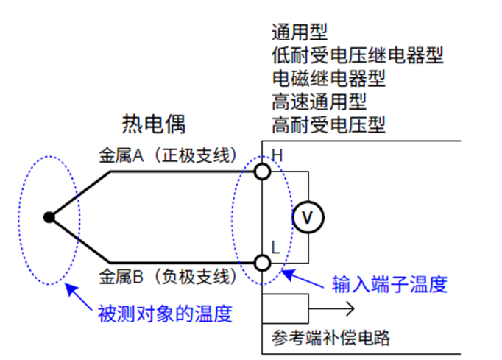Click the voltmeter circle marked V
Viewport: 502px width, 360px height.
tap(308, 217)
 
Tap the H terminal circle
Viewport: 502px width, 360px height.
tap(262, 172)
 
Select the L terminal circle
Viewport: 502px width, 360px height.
tap(262, 262)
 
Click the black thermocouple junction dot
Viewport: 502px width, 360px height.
tap(49, 217)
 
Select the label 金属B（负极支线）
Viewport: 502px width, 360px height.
tap(167, 278)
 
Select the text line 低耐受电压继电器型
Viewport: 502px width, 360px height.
tap(357, 55)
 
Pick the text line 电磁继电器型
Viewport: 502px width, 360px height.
tap(328, 78)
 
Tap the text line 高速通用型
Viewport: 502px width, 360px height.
tap(318, 101)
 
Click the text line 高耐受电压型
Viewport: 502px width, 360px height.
tap(328, 124)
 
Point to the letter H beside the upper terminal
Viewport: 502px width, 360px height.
tap(277, 155)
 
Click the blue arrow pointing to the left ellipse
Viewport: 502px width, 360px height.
tap(77, 296)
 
